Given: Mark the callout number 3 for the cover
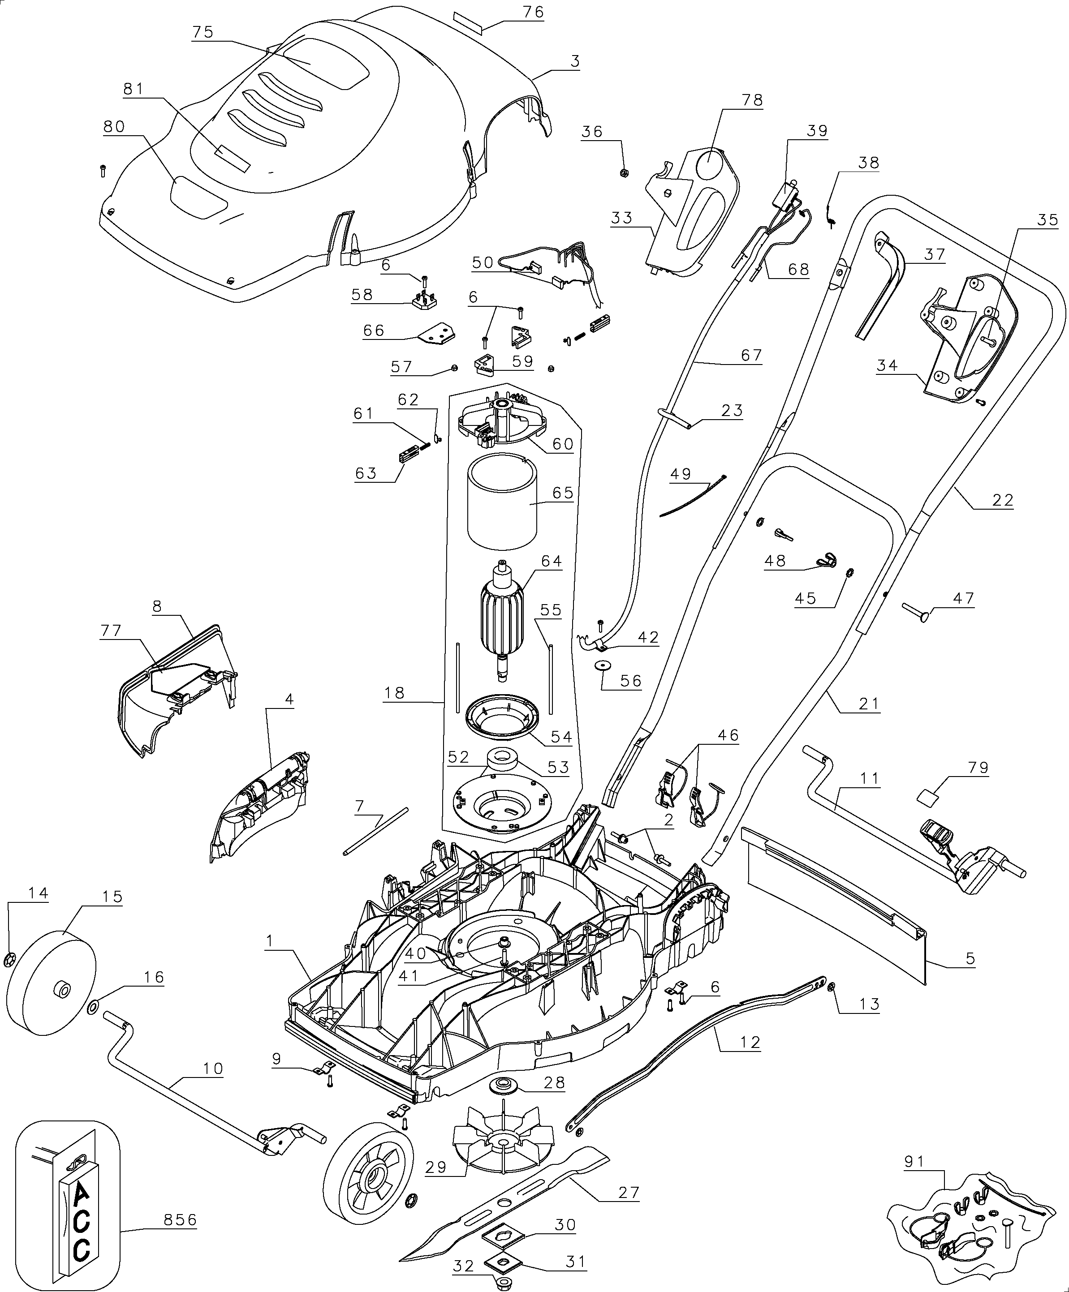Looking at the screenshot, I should point(575,61).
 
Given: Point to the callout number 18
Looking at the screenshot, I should point(394,693).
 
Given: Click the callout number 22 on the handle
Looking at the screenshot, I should point(1003,500).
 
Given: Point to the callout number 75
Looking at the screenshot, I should point(203,32).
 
